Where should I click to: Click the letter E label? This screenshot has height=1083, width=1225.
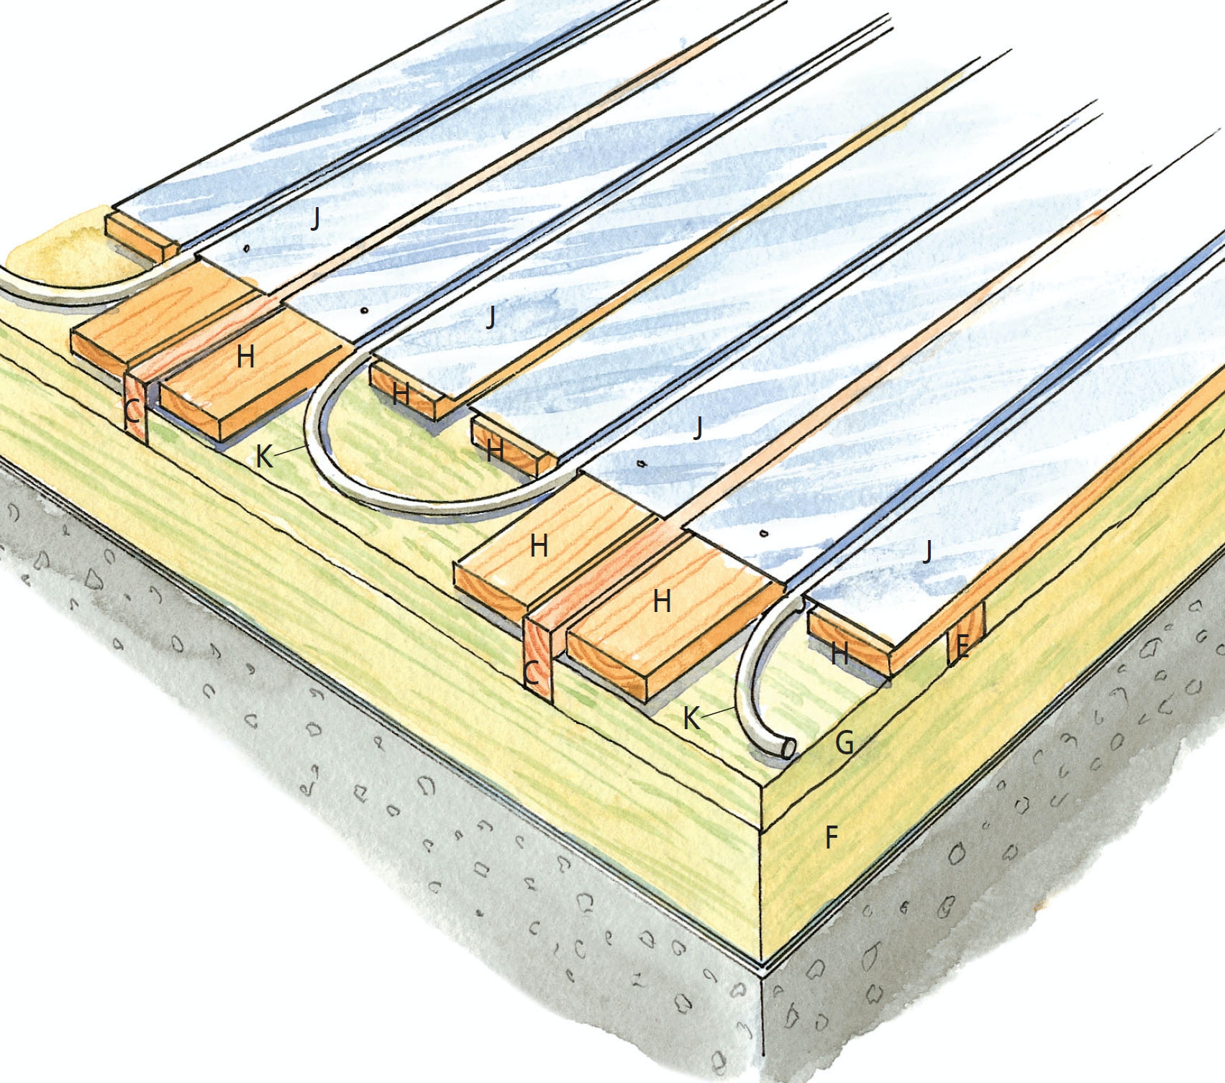(961, 648)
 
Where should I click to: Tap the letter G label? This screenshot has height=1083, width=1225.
(844, 741)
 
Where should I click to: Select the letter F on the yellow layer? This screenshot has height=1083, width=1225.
(831, 837)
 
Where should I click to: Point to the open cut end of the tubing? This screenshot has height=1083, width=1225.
(788, 749)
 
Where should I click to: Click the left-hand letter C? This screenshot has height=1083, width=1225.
(132, 412)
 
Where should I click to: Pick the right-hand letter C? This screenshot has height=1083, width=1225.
(531, 674)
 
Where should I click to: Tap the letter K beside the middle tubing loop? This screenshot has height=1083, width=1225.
(265, 456)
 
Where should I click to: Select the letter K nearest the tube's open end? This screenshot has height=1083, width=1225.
(691, 718)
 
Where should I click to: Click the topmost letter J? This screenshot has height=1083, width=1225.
(315, 217)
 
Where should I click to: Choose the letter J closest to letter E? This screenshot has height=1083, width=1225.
(927, 551)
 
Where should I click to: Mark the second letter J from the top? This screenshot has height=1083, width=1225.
(491, 316)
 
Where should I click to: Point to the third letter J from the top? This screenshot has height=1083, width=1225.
(697, 427)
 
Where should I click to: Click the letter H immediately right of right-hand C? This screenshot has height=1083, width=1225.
(662, 600)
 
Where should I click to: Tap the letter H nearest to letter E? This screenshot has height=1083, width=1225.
(839, 654)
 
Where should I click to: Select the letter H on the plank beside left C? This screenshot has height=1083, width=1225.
(245, 356)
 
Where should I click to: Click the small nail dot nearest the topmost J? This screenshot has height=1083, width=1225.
(247, 249)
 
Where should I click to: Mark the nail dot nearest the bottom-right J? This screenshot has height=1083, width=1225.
(764, 534)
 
